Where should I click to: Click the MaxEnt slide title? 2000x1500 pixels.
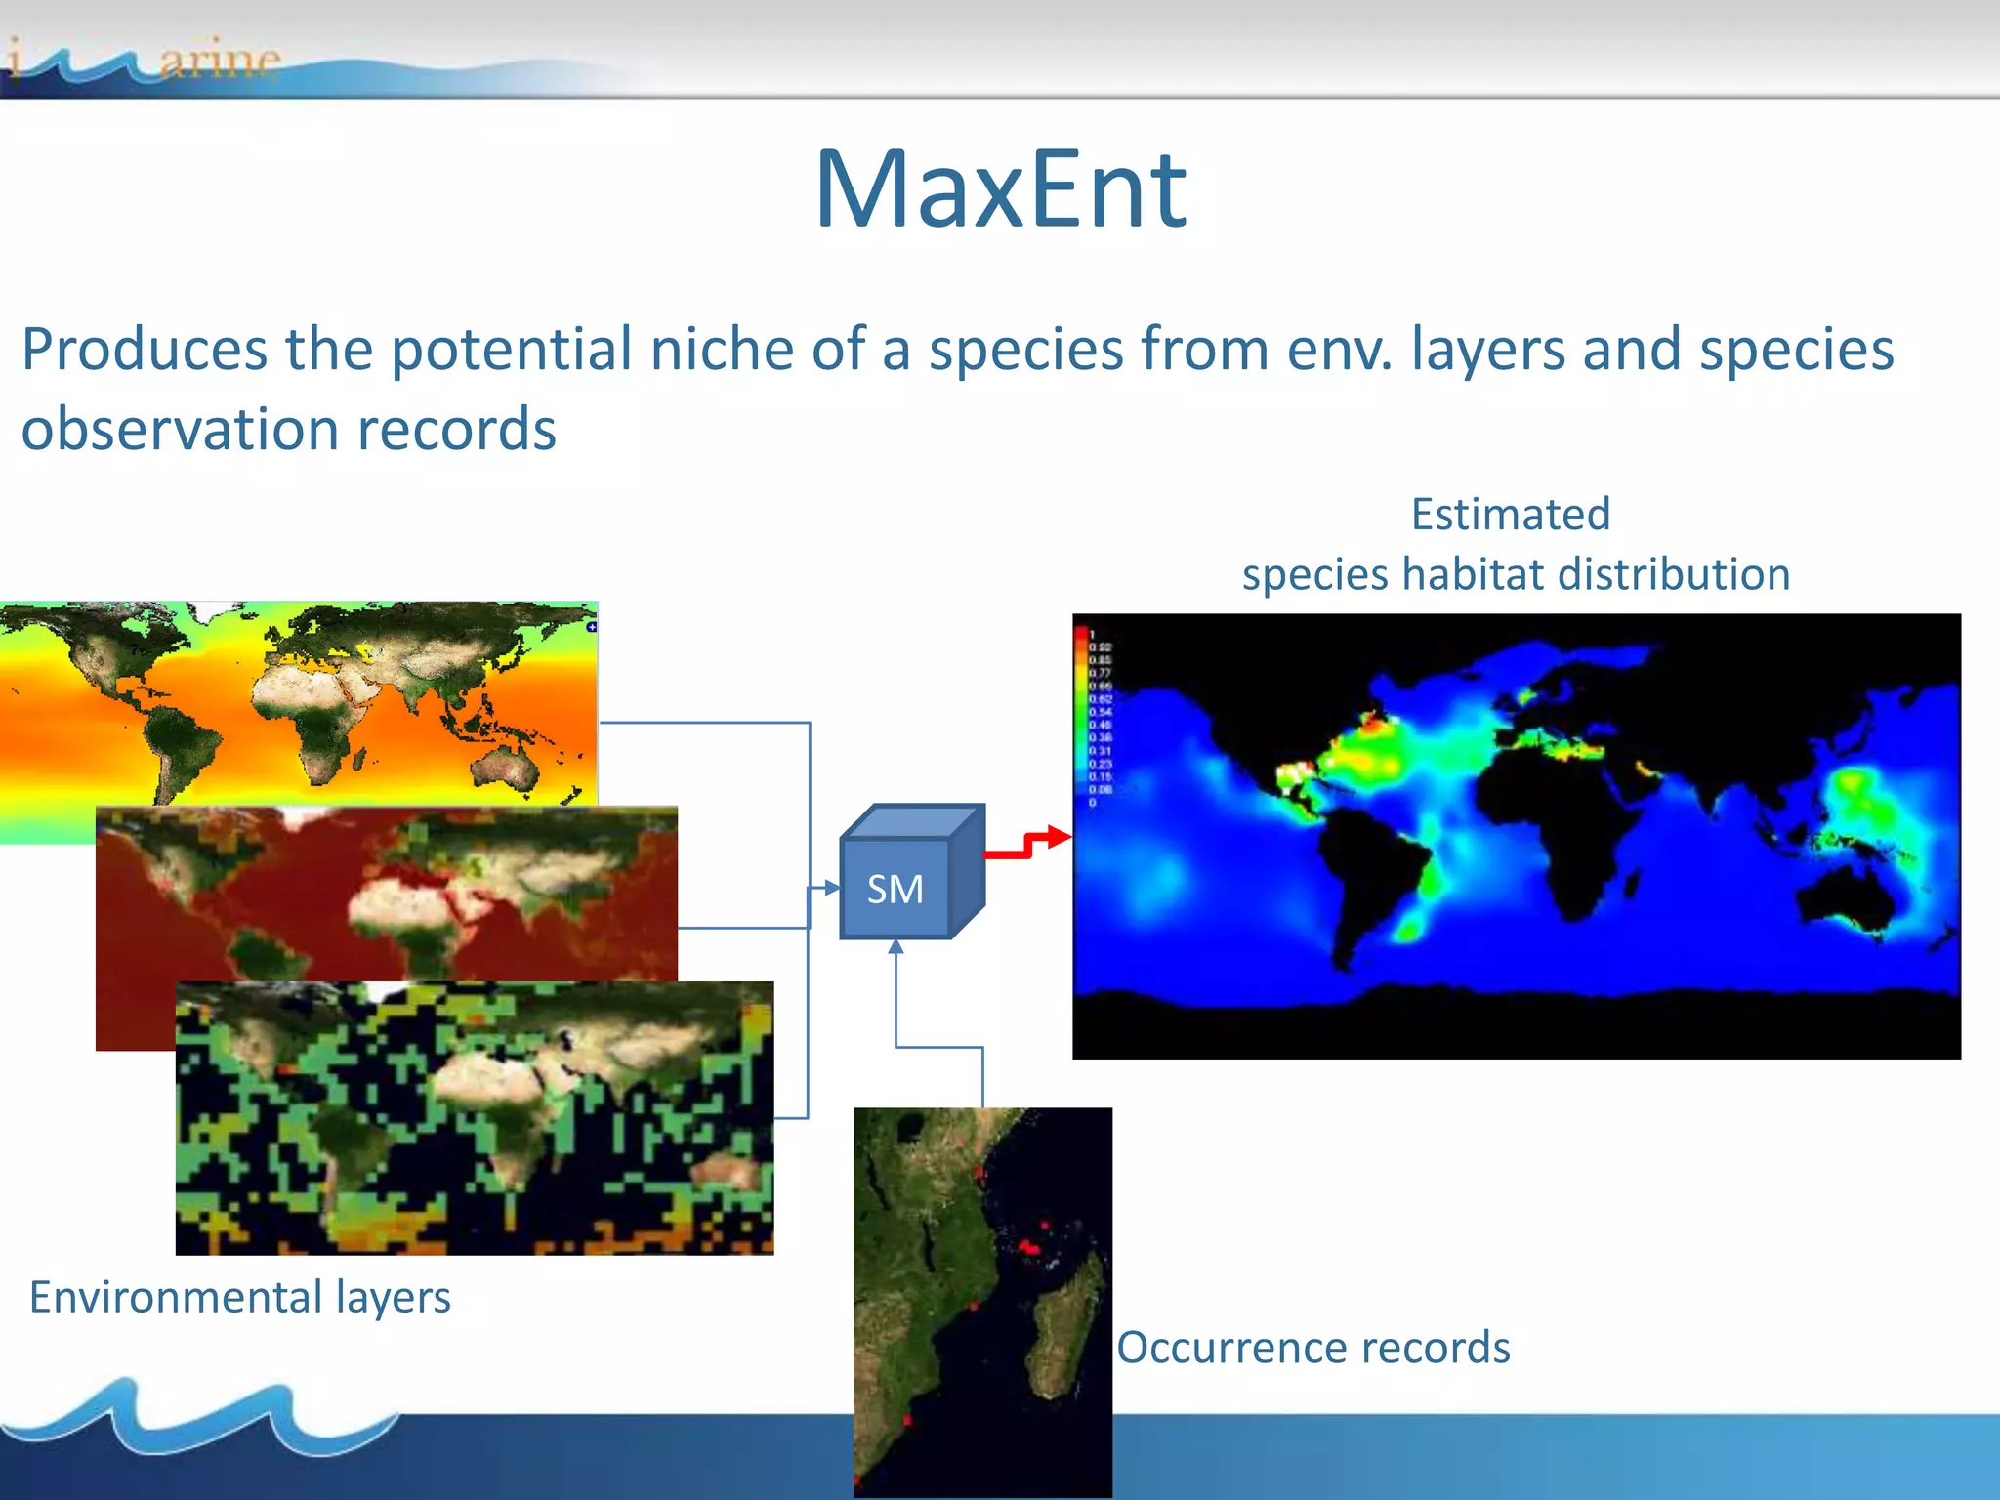click(1000, 190)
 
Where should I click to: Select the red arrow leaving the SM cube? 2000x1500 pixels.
click(1025, 846)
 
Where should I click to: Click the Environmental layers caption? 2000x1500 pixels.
click(240, 1297)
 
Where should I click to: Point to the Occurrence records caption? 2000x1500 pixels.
click(1313, 1348)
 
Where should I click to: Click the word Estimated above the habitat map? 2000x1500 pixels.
click(1510, 515)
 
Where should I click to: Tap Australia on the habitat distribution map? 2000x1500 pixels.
click(1846, 894)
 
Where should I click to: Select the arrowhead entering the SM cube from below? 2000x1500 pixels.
click(896, 946)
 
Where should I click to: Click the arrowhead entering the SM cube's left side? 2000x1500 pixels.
click(831, 888)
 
